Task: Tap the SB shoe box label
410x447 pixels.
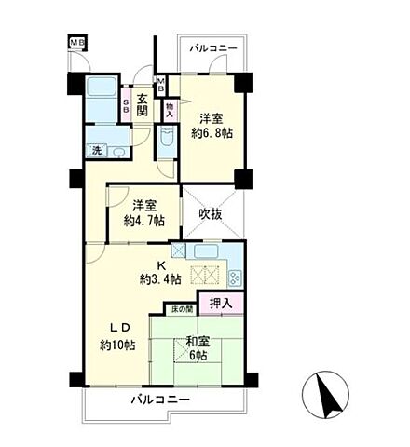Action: coord(128,103)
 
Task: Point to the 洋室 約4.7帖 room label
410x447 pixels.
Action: coord(143,213)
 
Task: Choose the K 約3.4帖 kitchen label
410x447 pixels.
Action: coord(154,271)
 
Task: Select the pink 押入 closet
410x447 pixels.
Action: coord(220,304)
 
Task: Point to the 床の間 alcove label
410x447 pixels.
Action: coord(180,307)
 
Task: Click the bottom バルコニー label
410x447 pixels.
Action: coord(159,400)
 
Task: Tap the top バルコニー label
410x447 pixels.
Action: coord(213,47)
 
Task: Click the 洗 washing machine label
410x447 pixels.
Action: coord(95,151)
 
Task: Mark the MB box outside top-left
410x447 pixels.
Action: coord(75,42)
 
